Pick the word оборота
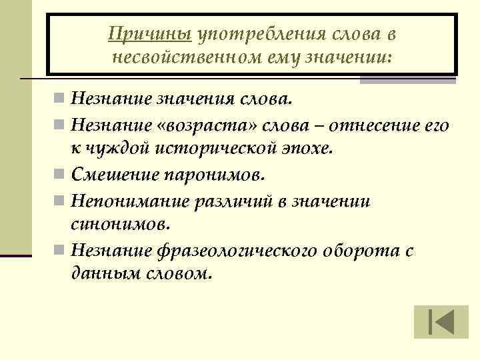pos(361,251)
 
